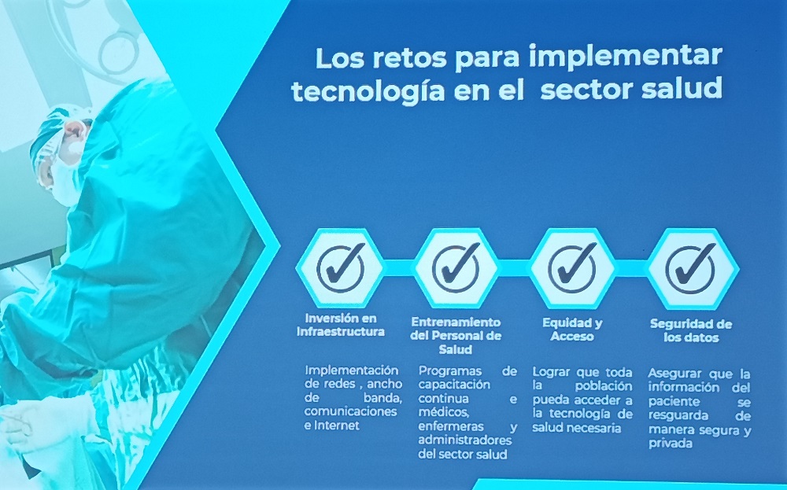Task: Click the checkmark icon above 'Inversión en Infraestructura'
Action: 341,268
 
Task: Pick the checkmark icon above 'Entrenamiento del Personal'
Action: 456,268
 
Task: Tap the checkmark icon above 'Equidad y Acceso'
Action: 572,268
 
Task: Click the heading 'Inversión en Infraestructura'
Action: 341,325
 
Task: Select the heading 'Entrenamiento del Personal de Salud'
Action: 456,336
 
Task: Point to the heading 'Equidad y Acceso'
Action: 572,330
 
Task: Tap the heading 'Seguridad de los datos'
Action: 691,330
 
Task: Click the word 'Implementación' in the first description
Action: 352,371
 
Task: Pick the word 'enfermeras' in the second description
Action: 451,427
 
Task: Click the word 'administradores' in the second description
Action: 465,440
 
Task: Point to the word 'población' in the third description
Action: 604,386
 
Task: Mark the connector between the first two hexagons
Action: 399,268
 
